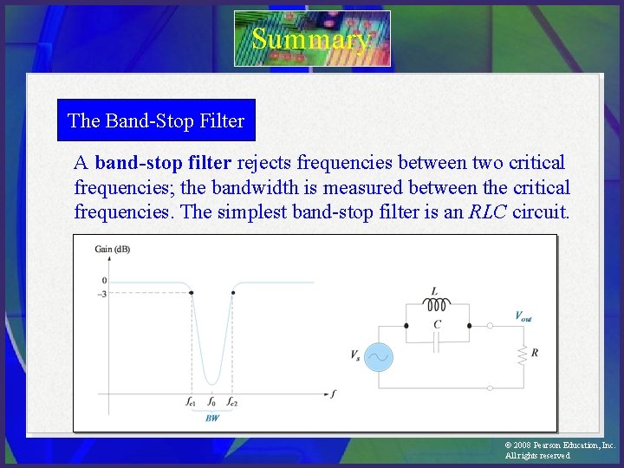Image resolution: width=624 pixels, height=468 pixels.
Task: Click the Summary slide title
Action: coord(311,39)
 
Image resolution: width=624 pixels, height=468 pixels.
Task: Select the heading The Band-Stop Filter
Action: coord(156,121)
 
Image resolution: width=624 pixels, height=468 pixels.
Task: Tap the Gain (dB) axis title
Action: coord(112,250)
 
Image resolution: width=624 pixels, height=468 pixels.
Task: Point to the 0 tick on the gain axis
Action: coord(104,281)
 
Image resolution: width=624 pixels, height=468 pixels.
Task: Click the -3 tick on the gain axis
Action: coord(102,293)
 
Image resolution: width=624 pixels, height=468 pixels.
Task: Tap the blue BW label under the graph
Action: coord(211,418)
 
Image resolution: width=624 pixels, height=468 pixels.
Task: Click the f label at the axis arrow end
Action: coord(334,393)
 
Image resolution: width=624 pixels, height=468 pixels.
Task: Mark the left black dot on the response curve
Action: coord(191,292)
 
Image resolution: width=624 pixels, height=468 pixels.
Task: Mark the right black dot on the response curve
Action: coord(232,292)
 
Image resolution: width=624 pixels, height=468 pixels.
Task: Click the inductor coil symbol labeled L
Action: coord(437,305)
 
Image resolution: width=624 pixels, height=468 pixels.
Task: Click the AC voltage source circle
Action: coord(378,356)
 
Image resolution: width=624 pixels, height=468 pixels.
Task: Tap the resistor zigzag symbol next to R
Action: coord(522,354)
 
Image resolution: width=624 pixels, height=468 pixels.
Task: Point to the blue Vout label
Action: coord(523,317)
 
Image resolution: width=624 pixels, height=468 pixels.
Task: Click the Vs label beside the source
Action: coord(355,356)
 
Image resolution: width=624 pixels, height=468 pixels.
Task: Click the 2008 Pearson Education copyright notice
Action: coord(559,450)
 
